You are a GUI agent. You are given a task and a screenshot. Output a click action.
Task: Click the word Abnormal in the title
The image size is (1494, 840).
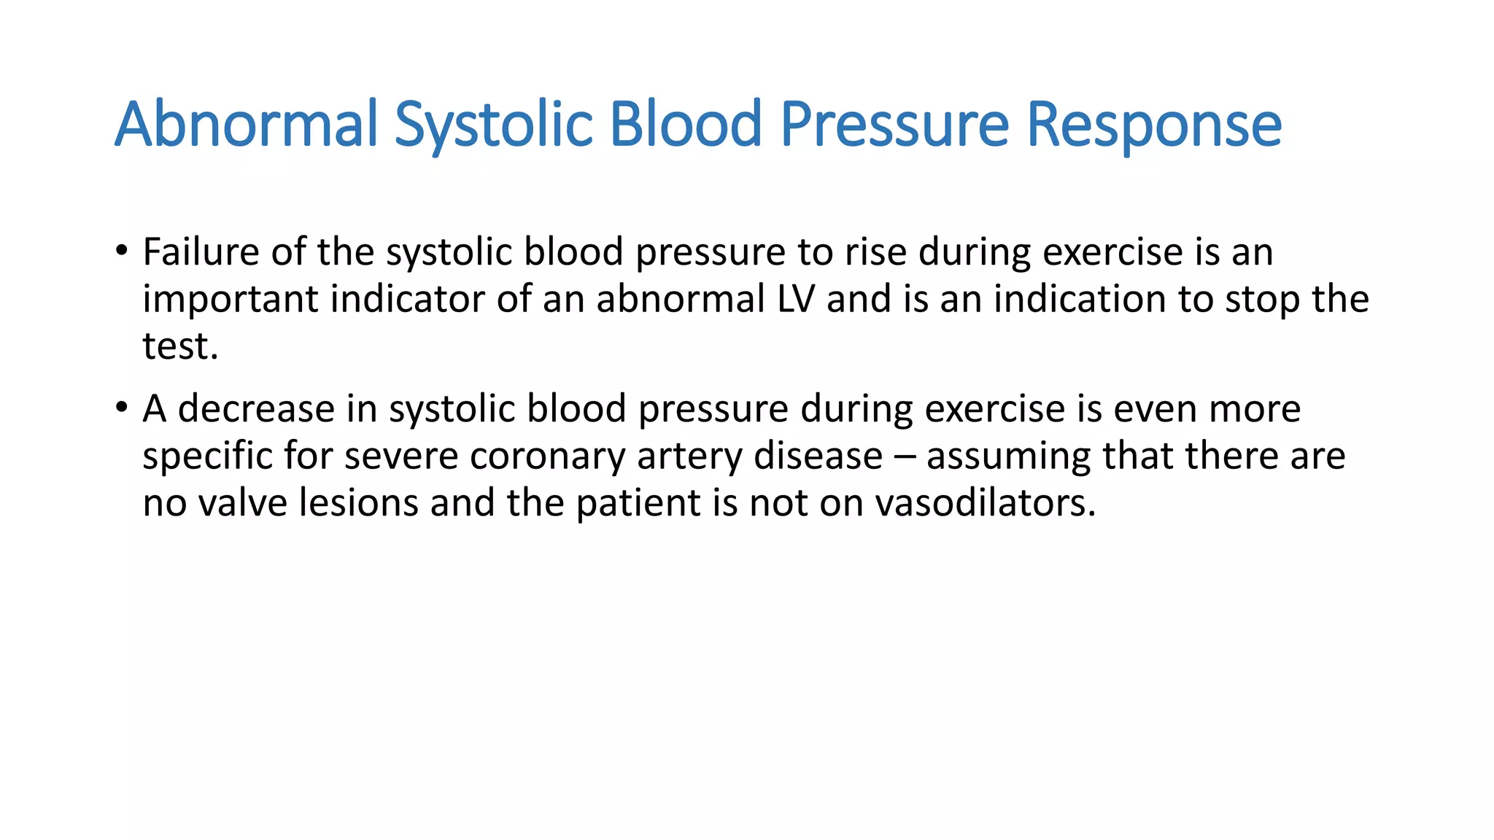click(x=247, y=124)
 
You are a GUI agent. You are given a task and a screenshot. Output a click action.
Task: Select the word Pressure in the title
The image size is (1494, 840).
click(x=895, y=124)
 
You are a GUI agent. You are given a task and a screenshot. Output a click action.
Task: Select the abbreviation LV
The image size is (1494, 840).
click(x=795, y=299)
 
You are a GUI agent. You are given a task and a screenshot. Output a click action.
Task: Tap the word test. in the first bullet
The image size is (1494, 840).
click(x=180, y=346)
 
